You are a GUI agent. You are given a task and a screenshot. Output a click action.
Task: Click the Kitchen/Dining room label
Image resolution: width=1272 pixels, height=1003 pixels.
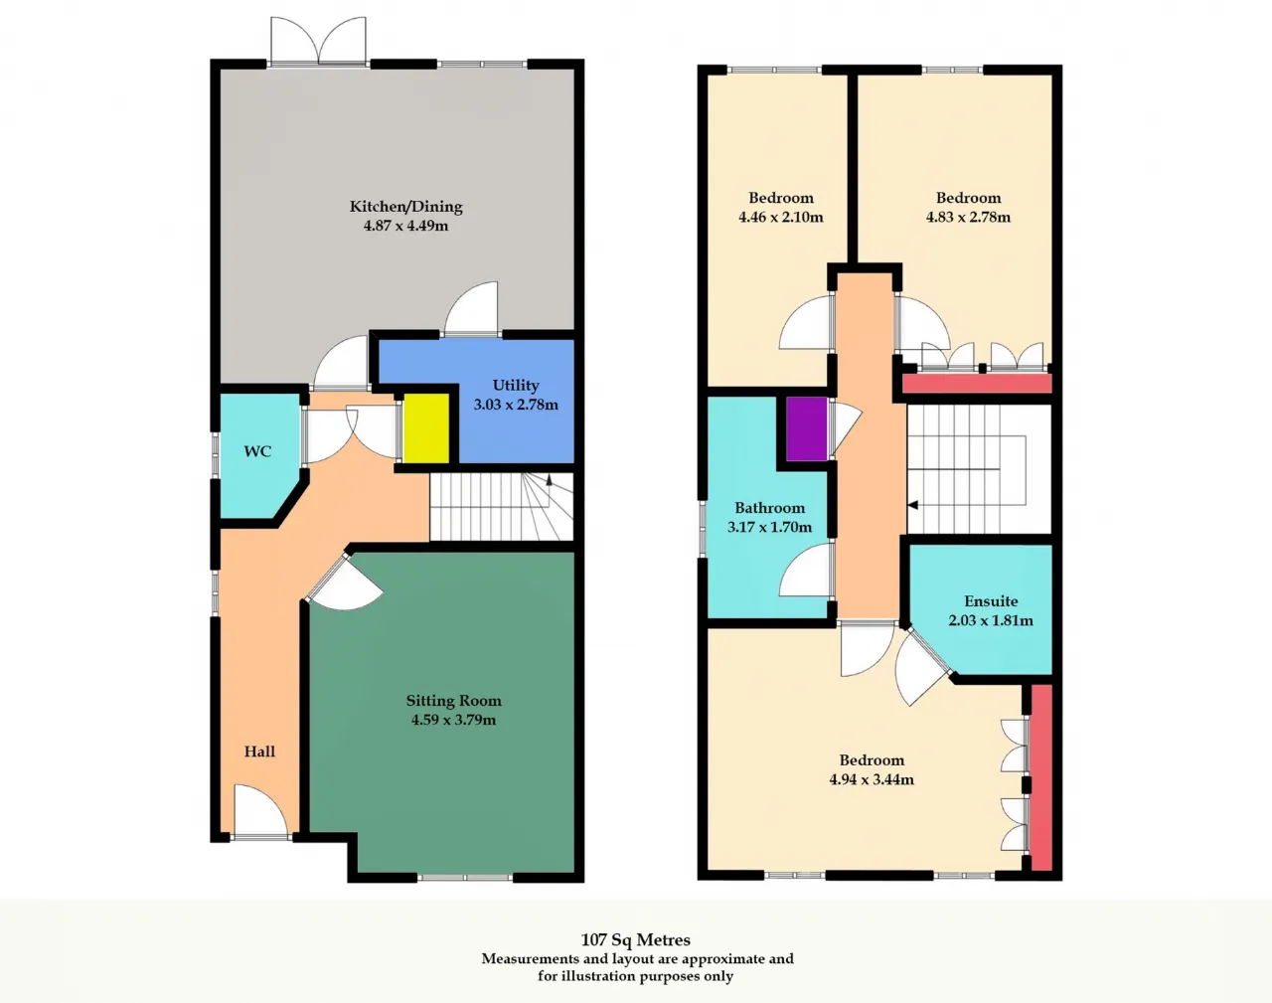pos(405,207)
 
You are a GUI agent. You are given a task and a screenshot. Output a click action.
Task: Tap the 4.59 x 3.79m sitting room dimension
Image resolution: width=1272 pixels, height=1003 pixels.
pos(453,720)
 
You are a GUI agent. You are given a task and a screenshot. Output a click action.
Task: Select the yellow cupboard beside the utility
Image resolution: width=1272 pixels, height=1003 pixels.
pos(425,428)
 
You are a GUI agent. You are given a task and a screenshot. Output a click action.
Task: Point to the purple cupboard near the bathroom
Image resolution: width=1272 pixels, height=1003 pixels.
pos(806,428)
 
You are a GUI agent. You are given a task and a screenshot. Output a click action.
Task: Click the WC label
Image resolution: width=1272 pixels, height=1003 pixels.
pos(257,451)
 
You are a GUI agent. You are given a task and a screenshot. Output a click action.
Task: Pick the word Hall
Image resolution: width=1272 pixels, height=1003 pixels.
pos(259,752)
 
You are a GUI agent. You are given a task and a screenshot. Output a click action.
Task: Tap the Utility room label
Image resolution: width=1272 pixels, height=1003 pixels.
pos(516,386)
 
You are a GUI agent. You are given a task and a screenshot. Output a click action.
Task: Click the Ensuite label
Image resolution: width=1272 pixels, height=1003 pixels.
pos(991,601)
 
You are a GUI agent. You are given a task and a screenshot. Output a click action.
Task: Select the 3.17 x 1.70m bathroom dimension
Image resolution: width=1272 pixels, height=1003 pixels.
pos(769,527)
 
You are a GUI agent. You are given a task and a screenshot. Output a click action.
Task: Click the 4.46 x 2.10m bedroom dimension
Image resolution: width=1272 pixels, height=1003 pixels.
pos(781,217)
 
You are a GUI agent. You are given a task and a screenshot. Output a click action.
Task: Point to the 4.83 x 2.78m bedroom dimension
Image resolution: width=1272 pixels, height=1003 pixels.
pos(968,217)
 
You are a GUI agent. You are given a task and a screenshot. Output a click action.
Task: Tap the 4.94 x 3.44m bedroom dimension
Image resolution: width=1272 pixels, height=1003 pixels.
pos(872,779)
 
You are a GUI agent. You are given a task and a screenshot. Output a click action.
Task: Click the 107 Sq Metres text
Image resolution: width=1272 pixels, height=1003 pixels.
pos(635,939)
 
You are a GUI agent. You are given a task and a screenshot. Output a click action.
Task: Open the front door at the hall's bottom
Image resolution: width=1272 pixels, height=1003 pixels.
pos(260,811)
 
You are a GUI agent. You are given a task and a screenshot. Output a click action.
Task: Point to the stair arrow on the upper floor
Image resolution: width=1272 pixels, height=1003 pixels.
pos(912,505)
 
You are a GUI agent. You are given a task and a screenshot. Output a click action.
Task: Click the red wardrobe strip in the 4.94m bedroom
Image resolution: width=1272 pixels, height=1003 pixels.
pos(1041,777)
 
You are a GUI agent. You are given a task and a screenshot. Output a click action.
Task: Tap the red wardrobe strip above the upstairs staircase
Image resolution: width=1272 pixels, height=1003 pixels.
pos(978,384)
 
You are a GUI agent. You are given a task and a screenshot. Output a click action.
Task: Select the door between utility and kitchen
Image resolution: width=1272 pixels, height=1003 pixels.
pos(472,310)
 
